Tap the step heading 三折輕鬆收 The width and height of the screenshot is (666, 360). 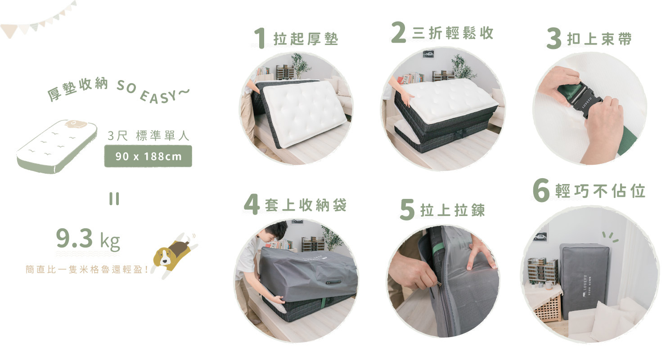click(452, 33)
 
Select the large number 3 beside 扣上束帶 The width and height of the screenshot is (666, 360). click(554, 40)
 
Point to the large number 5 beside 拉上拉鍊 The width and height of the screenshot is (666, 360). click(407, 211)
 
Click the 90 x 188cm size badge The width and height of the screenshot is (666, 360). click(148, 157)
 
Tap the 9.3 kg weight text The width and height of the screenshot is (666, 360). click(88, 240)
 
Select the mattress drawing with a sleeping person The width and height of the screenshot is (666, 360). click(57, 146)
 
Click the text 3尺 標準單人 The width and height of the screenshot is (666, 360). click(148, 135)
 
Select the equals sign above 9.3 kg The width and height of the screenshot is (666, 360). click(114, 198)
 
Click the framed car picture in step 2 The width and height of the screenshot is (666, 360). click(428, 54)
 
